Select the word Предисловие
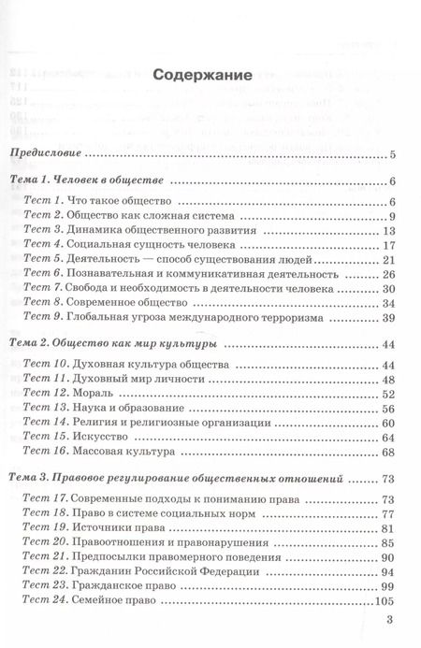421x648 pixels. [x=44, y=154]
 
